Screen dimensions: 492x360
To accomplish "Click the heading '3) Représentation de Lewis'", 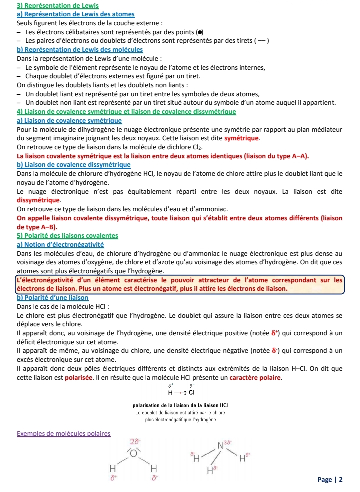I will point(50,5).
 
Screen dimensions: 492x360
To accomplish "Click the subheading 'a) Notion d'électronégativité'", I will point(60,244).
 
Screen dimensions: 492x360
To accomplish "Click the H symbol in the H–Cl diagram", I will point(170,393).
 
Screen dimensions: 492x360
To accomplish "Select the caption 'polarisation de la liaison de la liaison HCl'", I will point(180,405).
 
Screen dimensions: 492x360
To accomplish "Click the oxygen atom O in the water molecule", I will point(134,453).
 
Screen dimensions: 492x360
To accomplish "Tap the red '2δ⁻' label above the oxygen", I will point(135,441).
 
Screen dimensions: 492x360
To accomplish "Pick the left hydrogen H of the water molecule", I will point(113,468).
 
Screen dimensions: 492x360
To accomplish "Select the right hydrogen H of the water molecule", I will point(154,468).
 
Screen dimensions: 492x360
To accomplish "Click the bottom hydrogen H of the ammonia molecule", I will point(209,470).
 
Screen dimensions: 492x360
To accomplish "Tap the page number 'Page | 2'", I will point(330,480).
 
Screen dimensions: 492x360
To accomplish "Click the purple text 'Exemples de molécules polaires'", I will point(63,433).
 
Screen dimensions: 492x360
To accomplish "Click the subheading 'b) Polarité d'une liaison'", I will point(52,297).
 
